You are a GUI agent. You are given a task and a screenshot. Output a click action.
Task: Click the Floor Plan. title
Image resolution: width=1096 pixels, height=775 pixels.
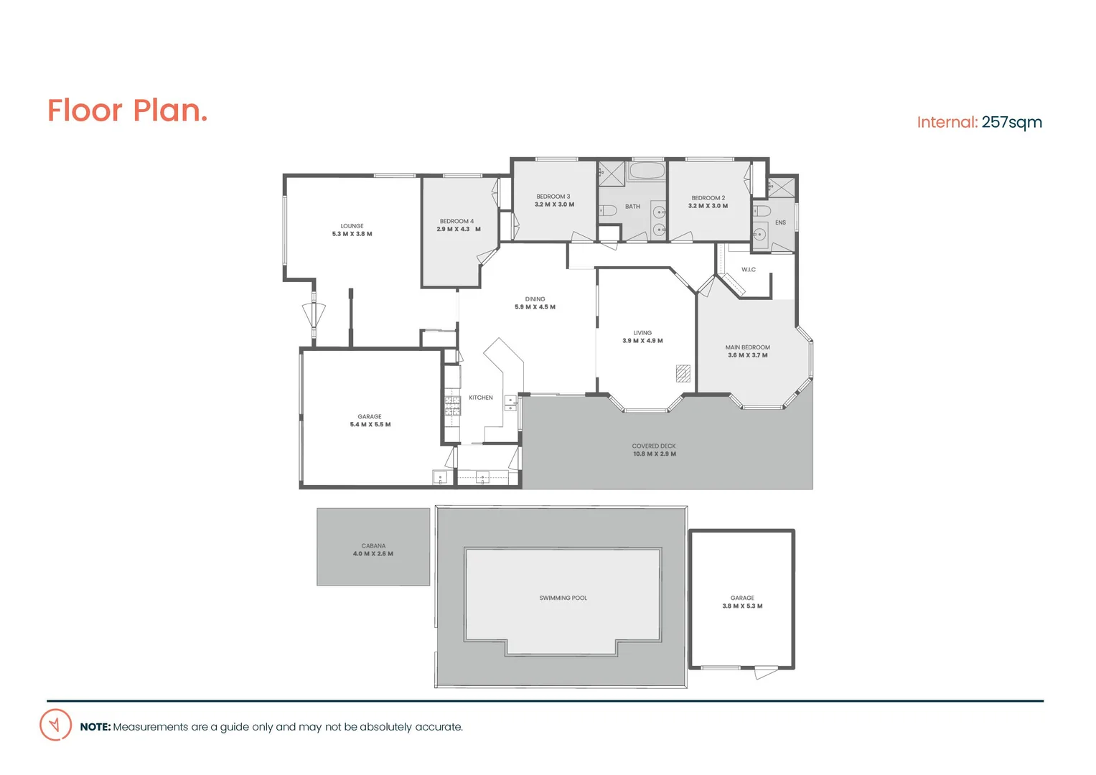coord(127,111)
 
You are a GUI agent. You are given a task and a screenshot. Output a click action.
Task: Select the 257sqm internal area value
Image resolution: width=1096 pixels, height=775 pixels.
coord(1011,123)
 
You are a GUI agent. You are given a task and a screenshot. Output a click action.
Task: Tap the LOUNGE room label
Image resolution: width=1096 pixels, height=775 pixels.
coord(352,226)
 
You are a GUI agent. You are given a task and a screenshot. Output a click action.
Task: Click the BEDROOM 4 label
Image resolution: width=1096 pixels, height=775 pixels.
coord(456,221)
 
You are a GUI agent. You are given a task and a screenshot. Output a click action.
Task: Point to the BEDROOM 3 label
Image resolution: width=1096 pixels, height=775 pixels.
coord(553,197)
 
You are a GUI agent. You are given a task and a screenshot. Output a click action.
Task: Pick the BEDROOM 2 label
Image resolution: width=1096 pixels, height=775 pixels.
coord(708,198)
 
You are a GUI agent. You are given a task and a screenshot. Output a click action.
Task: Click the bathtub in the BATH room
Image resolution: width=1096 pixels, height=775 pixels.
coord(647,171)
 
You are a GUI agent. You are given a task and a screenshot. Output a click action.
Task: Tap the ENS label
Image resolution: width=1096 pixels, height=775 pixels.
coord(780,222)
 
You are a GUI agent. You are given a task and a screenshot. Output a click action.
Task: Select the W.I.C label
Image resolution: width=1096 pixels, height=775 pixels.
coord(749,270)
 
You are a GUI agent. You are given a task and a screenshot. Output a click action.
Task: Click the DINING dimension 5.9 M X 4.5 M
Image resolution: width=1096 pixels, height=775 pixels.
coord(535,307)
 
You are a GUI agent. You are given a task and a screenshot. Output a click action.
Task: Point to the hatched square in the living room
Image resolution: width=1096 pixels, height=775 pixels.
coord(683,373)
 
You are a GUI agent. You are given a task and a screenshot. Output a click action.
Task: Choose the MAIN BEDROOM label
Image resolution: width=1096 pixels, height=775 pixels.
coord(747,347)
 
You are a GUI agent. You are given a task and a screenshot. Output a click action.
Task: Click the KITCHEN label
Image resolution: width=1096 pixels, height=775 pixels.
coord(481,398)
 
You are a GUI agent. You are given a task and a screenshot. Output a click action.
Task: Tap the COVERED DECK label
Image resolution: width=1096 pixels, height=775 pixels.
coord(654,446)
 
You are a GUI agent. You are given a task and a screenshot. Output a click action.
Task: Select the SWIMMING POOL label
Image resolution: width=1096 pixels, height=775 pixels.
coord(563,598)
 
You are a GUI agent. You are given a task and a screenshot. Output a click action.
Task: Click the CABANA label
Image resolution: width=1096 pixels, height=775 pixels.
coord(373,546)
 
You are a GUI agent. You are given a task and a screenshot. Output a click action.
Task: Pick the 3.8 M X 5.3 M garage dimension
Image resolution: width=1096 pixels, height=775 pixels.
coord(742,606)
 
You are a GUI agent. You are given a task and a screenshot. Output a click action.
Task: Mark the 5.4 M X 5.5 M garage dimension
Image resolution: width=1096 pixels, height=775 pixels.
coord(370,425)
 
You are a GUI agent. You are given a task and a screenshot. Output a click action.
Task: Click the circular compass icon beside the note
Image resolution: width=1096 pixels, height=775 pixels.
coord(55,725)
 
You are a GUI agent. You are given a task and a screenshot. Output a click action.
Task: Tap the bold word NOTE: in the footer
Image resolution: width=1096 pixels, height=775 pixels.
coord(95,727)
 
